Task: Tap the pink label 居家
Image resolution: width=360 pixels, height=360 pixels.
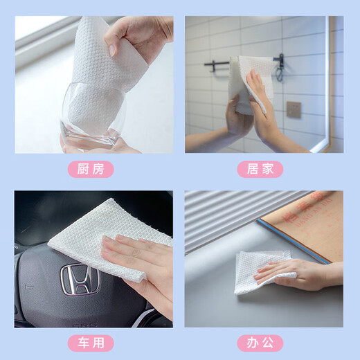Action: pos(264,169)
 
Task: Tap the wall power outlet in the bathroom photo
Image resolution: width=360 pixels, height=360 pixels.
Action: pos(294,109)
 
